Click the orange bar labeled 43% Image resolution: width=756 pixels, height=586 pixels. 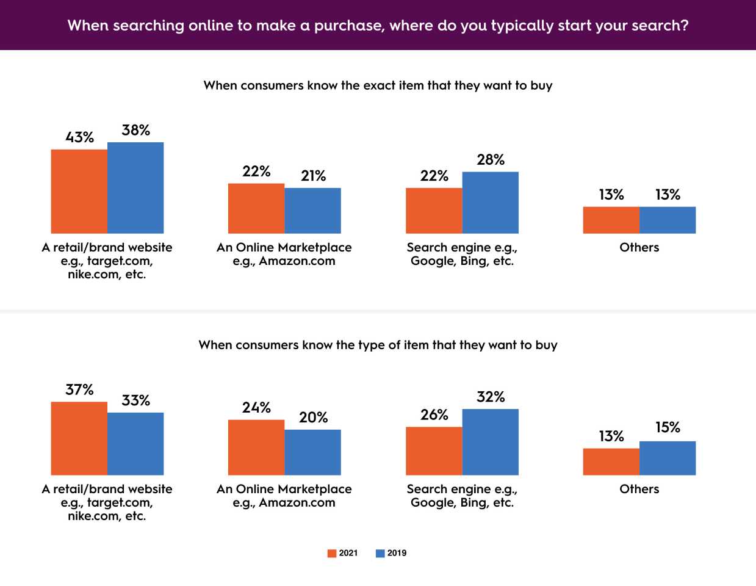(79, 191)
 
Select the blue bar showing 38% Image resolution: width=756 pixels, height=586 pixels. (135, 187)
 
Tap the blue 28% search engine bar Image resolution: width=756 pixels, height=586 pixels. (491, 202)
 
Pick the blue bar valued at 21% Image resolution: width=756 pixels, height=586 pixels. (312, 211)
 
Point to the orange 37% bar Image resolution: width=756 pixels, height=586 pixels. (79, 438)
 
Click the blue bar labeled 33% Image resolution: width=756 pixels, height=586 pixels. (135, 444)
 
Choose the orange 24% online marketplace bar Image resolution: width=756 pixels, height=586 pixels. (256, 447)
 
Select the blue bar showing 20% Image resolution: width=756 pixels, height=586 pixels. (312, 452)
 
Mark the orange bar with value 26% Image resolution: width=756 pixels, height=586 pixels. (434, 451)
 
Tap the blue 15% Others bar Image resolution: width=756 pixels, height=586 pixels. (668, 458)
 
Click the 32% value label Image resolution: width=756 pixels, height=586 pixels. (491, 397)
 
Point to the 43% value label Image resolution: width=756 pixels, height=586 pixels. (80, 137)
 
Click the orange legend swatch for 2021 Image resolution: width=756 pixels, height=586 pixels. (332, 554)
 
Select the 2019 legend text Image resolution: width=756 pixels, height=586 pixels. (397, 553)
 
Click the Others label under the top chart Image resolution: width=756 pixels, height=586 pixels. (639, 247)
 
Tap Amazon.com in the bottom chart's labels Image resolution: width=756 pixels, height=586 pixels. (297, 502)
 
